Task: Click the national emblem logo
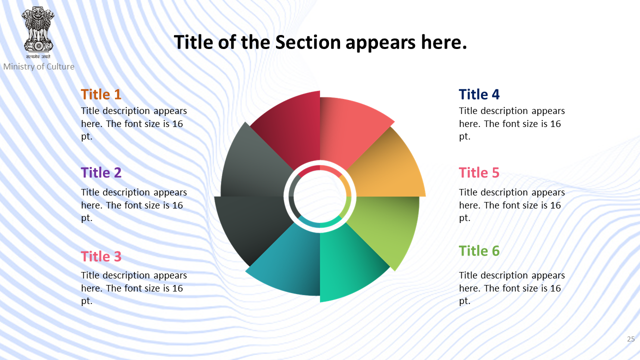[x=38, y=32]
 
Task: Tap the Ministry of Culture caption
[x=38, y=66]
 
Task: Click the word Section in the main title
[x=307, y=42]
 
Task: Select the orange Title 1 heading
[x=101, y=94]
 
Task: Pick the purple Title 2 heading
[x=101, y=172]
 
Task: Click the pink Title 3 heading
[x=101, y=256]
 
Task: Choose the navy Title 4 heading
[x=479, y=94]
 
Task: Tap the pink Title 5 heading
[x=479, y=172]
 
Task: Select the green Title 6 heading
[x=479, y=251]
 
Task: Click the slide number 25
[x=631, y=339]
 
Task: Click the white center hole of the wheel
[x=320, y=196]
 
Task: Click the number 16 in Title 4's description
[x=555, y=123]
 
